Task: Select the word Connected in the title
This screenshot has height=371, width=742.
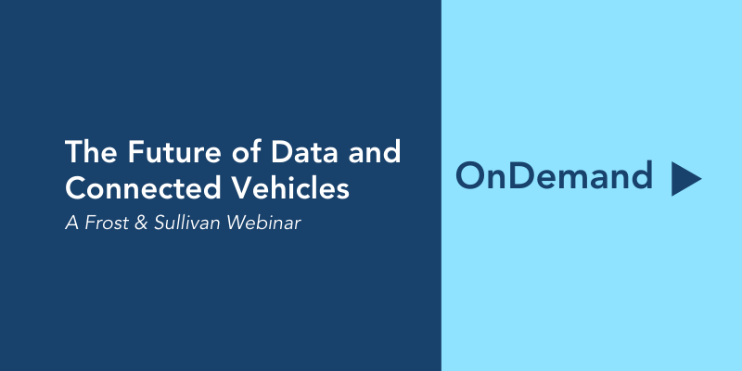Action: [x=144, y=188]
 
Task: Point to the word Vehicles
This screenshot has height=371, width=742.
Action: [x=292, y=188]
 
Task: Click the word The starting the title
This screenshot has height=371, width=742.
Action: [x=91, y=152]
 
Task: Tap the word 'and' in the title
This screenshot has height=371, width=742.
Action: [x=375, y=152]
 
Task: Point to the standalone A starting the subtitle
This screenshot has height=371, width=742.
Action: [x=72, y=224]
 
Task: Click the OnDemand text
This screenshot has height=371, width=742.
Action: [x=554, y=175]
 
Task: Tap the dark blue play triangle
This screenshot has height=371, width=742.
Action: [x=684, y=179]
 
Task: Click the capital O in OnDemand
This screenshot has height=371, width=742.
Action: [x=471, y=175]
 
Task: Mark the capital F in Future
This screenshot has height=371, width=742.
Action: [x=135, y=152]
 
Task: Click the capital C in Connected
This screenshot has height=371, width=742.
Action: [x=75, y=188]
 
